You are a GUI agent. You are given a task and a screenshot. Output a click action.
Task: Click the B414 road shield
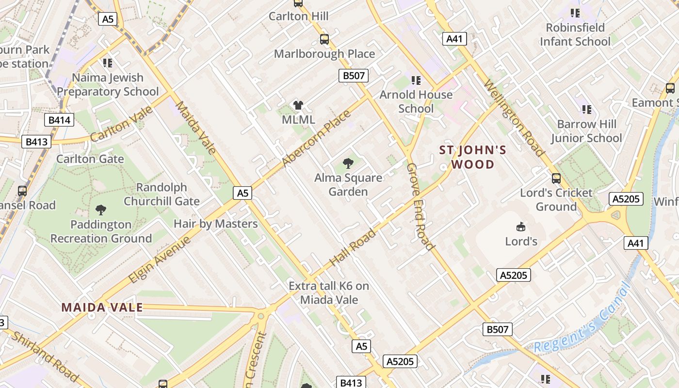click(x=59, y=120)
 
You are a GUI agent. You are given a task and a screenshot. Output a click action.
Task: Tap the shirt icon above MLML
click(x=298, y=105)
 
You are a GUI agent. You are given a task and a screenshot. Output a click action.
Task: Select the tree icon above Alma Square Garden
click(x=348, y=163)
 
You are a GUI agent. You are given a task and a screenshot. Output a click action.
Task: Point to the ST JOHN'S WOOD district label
click(x=473, y=157)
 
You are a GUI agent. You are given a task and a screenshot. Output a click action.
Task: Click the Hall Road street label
click(x=353, y=247)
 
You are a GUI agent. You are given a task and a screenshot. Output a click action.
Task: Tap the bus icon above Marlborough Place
click(x=324, y=39)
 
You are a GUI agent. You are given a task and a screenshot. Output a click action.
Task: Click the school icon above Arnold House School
click(x=416, y=80)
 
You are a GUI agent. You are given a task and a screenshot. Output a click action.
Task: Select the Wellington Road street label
click(x=514, y=119)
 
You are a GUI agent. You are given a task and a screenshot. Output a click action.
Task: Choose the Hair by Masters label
click(x=215, y=224)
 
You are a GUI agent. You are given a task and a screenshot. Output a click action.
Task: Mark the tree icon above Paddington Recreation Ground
click(x=101, y=210)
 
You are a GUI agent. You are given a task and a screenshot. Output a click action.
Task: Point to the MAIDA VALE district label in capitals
click(x=102, y=307)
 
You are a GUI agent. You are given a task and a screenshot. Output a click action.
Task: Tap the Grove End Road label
click(x=420, y=206)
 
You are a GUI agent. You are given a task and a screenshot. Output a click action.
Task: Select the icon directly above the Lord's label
click(x=521, y=226)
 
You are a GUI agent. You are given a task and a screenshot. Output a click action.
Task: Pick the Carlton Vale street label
click(x=121, y=124)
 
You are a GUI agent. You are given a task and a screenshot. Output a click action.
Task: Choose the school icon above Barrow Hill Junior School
click(x=586, y=110)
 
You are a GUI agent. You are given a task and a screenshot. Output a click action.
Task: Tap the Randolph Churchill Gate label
click(x=162, y=194)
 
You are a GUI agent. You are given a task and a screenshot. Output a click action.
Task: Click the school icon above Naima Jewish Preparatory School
click(x=108, y=63)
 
